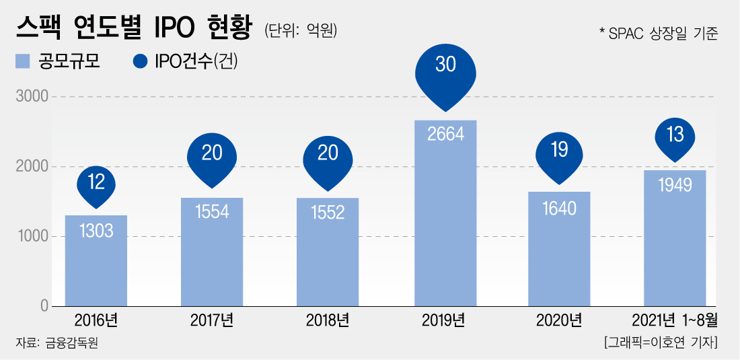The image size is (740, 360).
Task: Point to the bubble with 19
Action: [x=559, y=151]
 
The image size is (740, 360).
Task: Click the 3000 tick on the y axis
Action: [x=32, y=97]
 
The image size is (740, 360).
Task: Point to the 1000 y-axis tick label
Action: [x=32, y=236]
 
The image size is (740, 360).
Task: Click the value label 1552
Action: [x=327, y=213]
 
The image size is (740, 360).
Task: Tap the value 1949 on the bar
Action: [x=675, y=185]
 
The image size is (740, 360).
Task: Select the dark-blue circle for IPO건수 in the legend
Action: [x=140, y=61]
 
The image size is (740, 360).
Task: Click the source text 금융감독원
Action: [x=72, y=343]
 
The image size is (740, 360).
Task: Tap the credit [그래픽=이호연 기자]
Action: [x=661, y=343]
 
